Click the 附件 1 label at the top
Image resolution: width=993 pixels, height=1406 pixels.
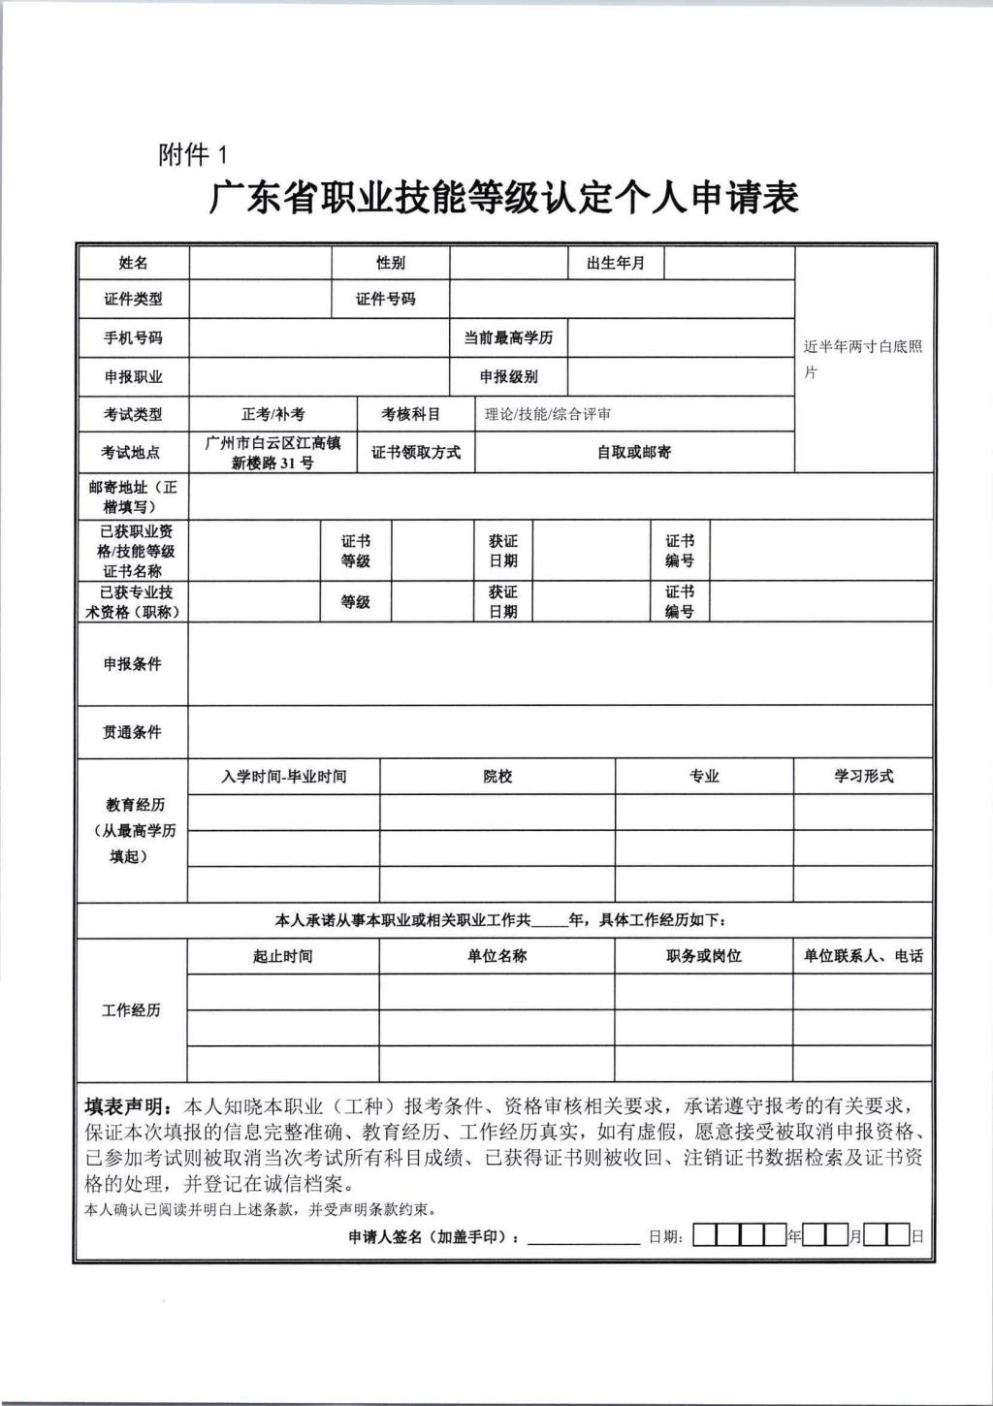point(192,154)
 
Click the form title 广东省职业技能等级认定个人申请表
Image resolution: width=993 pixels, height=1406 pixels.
point(503,198)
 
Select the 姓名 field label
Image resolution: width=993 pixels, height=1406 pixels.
point(133,263)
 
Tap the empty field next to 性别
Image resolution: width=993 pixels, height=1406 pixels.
point(508,263)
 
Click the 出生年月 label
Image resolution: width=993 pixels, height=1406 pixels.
point(616,263)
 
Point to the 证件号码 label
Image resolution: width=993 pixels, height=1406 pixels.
point(386,300)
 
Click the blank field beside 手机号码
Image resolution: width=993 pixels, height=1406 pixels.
point(319,338)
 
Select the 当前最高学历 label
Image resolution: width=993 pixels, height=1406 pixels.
point(508,338)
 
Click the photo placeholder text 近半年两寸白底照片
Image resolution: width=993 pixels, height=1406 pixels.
point(862,359)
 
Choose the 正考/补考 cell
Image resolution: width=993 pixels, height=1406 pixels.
point(272,414)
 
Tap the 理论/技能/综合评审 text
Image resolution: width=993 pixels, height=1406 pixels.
point(548,414)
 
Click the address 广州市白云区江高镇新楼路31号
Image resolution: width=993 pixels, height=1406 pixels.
point(272,452)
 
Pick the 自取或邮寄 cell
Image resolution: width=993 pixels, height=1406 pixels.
point(633,452)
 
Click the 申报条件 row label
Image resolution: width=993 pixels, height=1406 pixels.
point(133,664)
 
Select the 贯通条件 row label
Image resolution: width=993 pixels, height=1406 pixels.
point(133,732)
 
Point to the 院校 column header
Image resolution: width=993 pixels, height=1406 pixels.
point(497,777)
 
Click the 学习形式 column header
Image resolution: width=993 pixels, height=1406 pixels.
point(863,777)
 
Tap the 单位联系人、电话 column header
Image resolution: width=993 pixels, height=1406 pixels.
point(863,956)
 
